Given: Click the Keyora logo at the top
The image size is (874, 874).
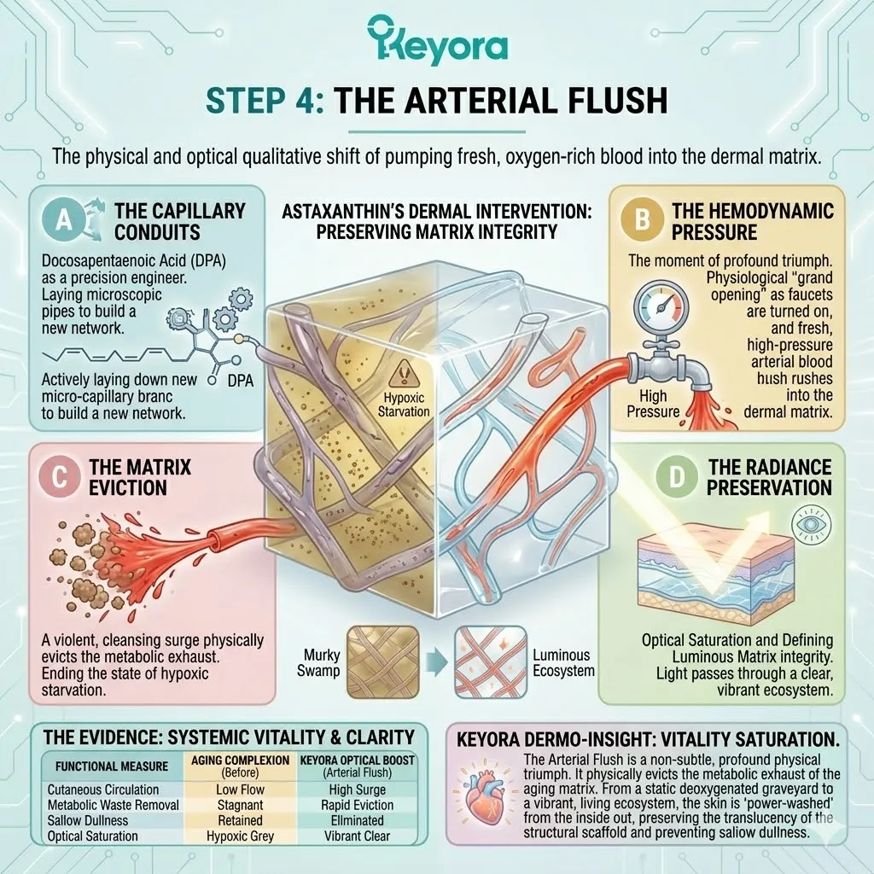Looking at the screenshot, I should (x=437, y=42).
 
